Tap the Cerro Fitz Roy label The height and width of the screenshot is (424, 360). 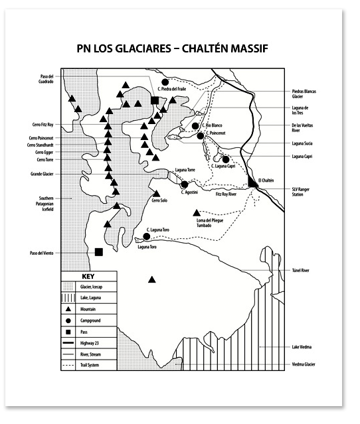pos(42,123)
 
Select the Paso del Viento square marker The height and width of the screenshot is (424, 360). pos(99,251)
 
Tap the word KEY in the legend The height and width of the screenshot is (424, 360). pos(89,276)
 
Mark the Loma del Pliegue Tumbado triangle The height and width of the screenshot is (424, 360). pos(197,212)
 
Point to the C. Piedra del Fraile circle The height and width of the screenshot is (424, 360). pos(164,82)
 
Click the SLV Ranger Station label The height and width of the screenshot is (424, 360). pos(304,192)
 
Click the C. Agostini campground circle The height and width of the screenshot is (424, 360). pos(185,184)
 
